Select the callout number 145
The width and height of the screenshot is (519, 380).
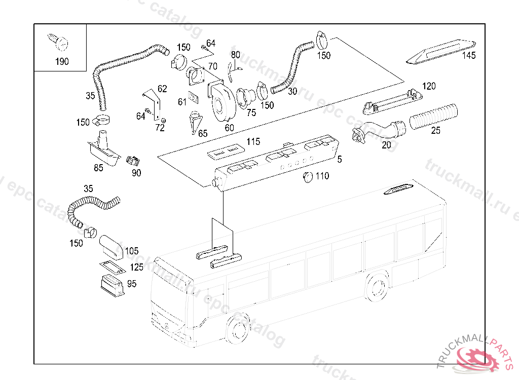point(469,56)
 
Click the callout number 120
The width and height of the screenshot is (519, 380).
point(429,87)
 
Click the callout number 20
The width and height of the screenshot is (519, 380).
point(386,144)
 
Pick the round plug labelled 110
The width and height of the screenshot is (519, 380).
point(306,176)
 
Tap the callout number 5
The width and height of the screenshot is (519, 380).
point(339,159)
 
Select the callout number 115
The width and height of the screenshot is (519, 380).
point(253,141)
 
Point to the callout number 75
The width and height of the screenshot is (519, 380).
point(251,113)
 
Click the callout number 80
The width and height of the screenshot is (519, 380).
point(235,55)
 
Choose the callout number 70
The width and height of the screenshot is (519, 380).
point(212,66)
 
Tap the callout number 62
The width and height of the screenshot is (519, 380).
point(162,89)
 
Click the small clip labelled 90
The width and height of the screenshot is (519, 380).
point(133,161)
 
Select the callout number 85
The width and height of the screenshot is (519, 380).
point(98,167)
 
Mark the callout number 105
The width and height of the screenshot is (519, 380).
point(132,251)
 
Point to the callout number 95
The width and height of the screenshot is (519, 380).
point(132,284)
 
